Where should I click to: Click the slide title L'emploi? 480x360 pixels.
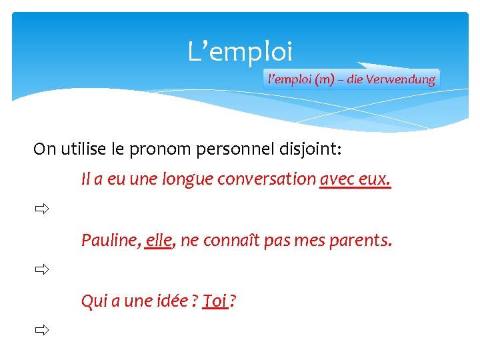[240, 51]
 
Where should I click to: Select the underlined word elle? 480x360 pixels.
[159, 240]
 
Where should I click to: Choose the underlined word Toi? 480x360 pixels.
[215, 301]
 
